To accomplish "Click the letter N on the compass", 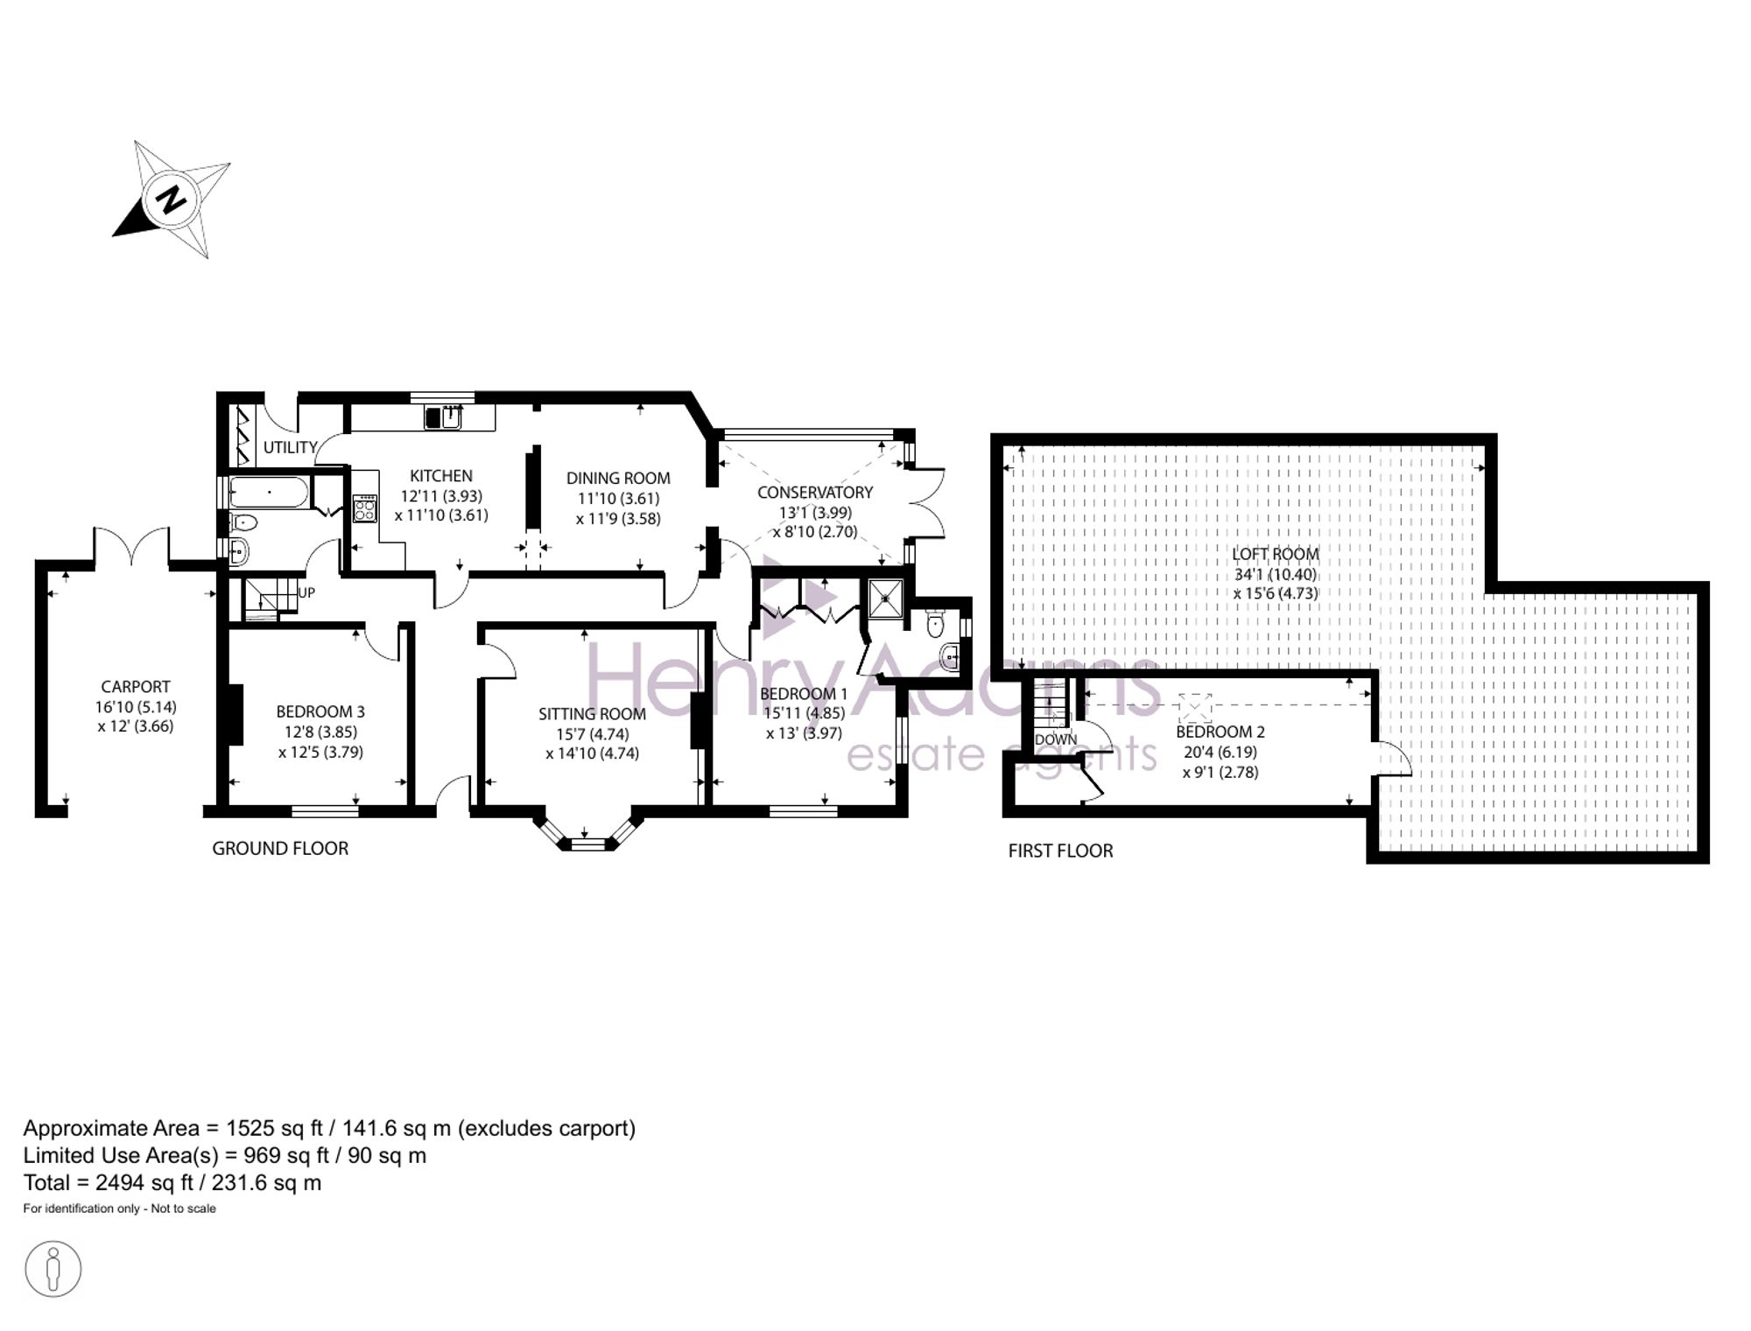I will point(172,200).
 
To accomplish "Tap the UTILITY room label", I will point(290,447).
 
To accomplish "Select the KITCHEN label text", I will point(441,476).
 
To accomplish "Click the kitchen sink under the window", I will point(444,417).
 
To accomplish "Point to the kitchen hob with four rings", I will point(364,508).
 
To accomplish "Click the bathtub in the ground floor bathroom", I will point(269,493).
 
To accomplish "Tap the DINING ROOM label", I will point(618,478).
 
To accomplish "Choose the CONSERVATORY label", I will point(815,493).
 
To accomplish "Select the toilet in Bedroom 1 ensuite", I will point(935,624).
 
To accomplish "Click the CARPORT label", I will point(136,687).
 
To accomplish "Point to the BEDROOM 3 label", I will point(320,712).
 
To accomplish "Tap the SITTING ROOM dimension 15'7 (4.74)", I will point(593,734).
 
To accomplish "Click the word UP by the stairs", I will point(306,592).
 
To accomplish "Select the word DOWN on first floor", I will point(1056,739).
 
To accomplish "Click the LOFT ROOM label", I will point(1275,554).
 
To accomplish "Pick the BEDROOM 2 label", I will point(1220,732).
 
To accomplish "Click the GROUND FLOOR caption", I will point(280,848).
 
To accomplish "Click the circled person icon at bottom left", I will point(53,1268).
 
